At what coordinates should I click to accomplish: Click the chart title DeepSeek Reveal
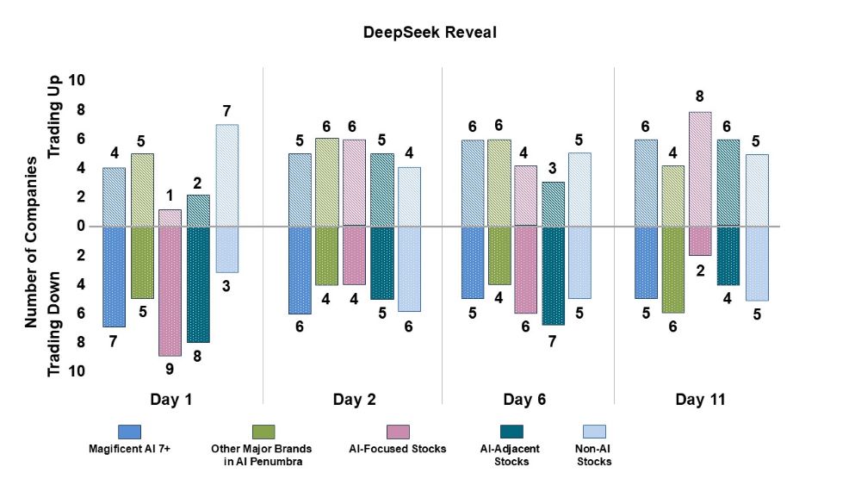point(430,32)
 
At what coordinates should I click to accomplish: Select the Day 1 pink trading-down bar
point(170,291)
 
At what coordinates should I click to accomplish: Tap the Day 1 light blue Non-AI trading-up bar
point(226,175)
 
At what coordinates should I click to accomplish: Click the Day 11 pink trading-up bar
point(700,169)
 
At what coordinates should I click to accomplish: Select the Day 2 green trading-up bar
point(326,182)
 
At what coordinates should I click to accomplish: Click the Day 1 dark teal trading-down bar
point(198,284)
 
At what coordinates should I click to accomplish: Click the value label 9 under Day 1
point(170,371)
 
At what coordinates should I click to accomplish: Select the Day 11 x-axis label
point(699,400)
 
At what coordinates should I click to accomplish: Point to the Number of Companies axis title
point(31,242)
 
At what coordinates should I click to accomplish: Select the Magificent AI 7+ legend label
point(129,449)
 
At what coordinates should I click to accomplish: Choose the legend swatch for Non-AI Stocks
point(594,431)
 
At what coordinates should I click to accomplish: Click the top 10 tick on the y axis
point(77,80)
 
